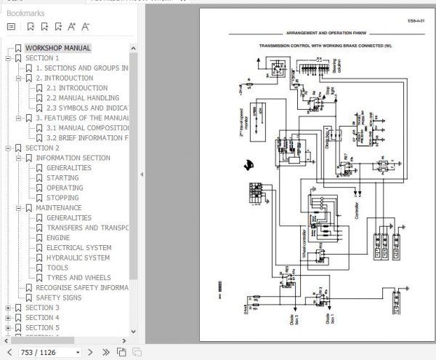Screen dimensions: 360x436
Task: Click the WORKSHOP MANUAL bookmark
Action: click(58, 48)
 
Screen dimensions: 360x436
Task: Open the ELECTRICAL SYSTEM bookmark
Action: click(78, 247)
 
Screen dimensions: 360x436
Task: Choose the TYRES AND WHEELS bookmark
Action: click(78, 277)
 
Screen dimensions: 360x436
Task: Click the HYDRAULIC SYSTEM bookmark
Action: click(78, 257)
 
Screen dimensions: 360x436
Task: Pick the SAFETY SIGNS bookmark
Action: click(59, 297)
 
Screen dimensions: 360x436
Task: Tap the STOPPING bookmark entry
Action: click(62, 198)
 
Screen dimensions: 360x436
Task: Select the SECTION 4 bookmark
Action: click(42, 318)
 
